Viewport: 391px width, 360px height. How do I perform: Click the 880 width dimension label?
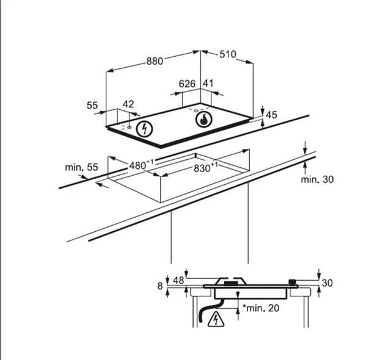(155, 61)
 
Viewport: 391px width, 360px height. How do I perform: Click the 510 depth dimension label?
(227, 54)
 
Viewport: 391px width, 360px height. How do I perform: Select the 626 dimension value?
(187, 84)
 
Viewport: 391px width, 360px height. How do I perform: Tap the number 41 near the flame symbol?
(208, 84)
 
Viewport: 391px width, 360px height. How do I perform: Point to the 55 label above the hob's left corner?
(92, 106)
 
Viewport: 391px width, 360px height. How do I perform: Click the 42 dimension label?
(128, 105)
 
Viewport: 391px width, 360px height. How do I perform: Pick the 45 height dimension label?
(271, 115)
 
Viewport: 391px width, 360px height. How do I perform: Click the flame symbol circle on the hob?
(203, 120)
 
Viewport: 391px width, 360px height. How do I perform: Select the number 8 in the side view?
(161, 286)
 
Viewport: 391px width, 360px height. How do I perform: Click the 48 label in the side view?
(178, 280)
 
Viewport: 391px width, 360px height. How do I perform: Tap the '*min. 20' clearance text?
(261, 308)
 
